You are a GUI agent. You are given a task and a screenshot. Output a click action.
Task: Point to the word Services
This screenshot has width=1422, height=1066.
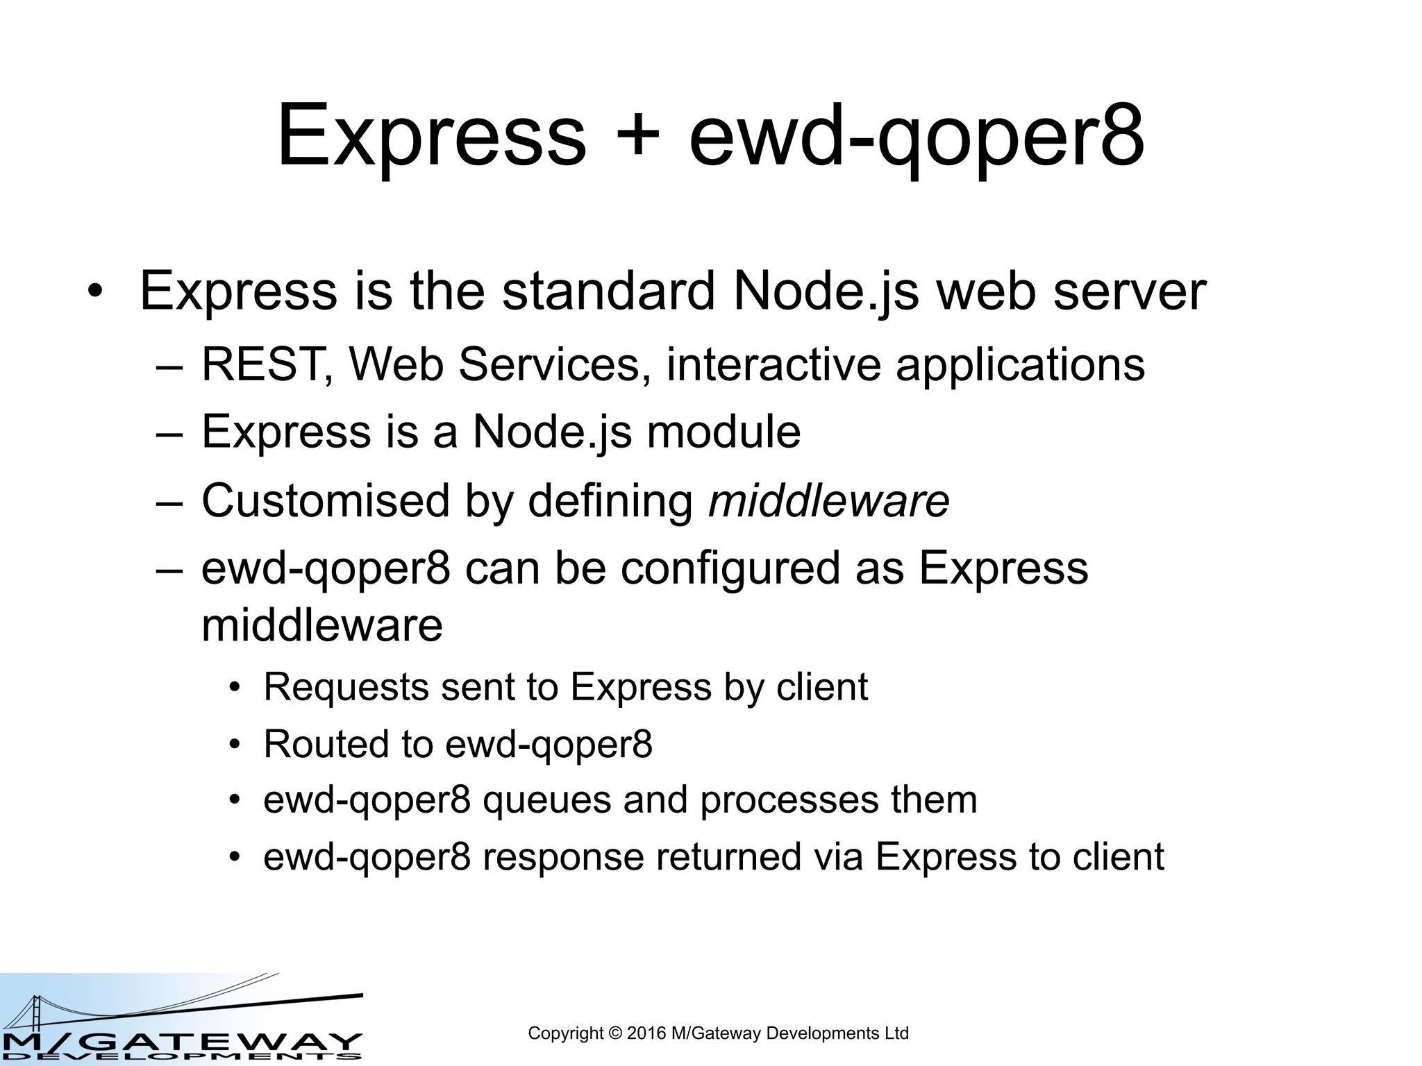549,364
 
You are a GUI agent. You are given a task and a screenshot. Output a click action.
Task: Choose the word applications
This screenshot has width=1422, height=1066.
1020,366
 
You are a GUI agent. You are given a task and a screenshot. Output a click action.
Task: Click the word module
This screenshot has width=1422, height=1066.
723,432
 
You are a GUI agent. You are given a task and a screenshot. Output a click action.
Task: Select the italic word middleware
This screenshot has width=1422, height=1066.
828,500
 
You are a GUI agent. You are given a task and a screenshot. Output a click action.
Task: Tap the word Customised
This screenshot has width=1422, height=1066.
326,500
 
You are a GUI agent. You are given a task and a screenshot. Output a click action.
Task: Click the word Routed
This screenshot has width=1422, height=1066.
326,744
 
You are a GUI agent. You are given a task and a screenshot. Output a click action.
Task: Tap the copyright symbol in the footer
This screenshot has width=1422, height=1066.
614,1033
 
